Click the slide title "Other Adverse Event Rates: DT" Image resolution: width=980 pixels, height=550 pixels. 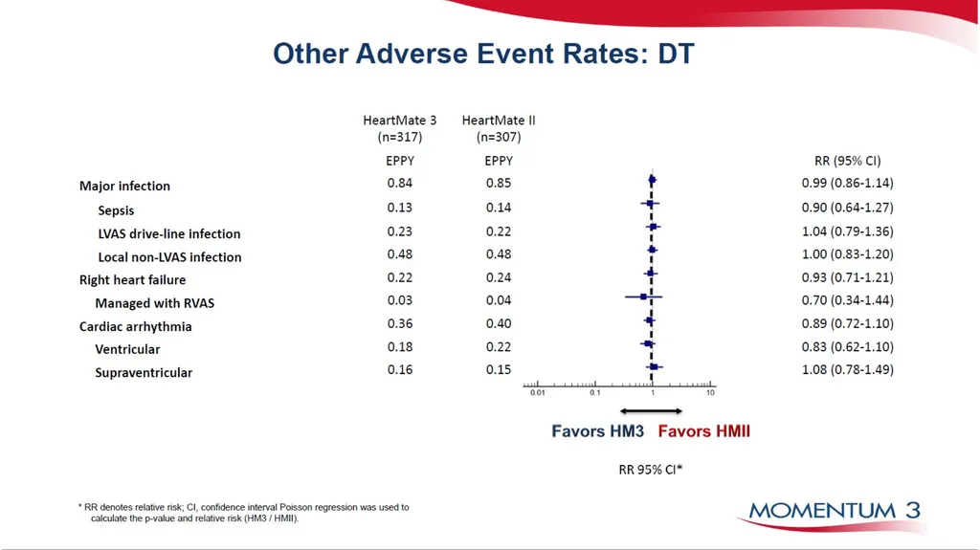point(483,54)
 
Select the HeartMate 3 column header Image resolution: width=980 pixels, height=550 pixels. point(400,128)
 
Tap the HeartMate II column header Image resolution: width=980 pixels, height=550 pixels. point(499,128)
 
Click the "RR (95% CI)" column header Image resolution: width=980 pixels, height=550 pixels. point(848,161)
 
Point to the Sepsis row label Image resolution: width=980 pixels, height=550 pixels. point(116,210)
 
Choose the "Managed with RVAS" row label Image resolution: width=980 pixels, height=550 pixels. point(155,303)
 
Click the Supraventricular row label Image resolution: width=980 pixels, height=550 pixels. point(144,372)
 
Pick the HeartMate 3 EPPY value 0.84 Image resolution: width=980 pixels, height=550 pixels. point(400,183)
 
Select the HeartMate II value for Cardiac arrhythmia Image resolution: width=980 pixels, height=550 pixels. point(499,323)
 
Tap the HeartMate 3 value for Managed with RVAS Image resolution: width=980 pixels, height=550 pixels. point(400,300)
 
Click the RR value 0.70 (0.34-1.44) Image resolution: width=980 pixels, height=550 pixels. point(848,300)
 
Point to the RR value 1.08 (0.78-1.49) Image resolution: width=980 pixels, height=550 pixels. point(848,370)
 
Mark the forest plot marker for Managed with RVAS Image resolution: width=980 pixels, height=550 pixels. point(643,297)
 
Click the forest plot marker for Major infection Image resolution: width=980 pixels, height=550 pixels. point(653,180)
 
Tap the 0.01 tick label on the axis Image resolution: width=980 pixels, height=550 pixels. point(538,393)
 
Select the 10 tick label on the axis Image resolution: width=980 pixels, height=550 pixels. point(711,393)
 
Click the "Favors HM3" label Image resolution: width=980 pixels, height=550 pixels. point(597,431)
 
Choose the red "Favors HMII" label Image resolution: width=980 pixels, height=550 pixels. point(703,431)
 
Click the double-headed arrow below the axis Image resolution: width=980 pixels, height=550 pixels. point(651,410)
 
